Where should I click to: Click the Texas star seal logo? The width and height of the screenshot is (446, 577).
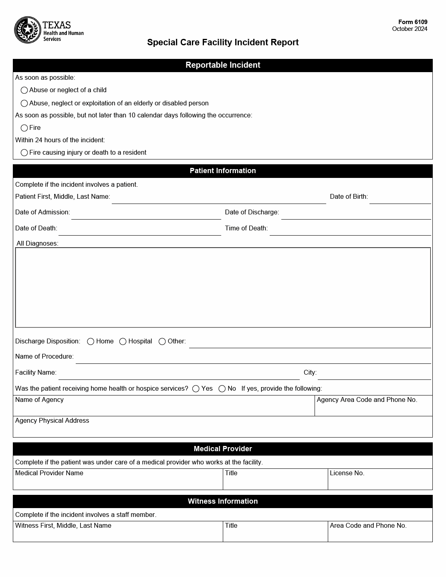pos(28,30)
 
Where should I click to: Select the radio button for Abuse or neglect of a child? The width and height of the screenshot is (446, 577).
pos(24,90)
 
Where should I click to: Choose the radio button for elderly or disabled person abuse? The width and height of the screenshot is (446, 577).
pos(24,103)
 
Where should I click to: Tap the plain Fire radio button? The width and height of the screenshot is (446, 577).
pos(24,128)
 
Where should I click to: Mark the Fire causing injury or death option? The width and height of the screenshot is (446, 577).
pos(24,153)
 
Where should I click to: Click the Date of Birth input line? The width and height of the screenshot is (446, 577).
pos(400,198)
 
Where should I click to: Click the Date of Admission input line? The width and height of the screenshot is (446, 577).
pos(146,214)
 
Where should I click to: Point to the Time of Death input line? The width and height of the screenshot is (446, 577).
pos(350,230)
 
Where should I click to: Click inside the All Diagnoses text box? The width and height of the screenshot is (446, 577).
pos(223,287)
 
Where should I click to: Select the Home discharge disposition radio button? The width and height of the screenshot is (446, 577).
pos(91,341)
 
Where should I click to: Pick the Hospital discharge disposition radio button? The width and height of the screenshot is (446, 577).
pos(123,341)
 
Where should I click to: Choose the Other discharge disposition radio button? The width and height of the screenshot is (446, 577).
pos(162,341)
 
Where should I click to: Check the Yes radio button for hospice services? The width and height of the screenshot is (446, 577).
pos(196,389)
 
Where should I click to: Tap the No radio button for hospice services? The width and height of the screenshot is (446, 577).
pos(222,389)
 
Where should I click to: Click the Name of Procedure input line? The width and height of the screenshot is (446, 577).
pos(253,358)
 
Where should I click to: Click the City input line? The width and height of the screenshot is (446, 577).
pos(374,374)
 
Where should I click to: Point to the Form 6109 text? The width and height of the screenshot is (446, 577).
pos(412,22)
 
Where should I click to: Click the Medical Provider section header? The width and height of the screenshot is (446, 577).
pos(223,449)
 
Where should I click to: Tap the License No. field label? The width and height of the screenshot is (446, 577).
pos(347,473)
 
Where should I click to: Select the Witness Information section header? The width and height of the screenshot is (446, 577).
pos(223,501)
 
